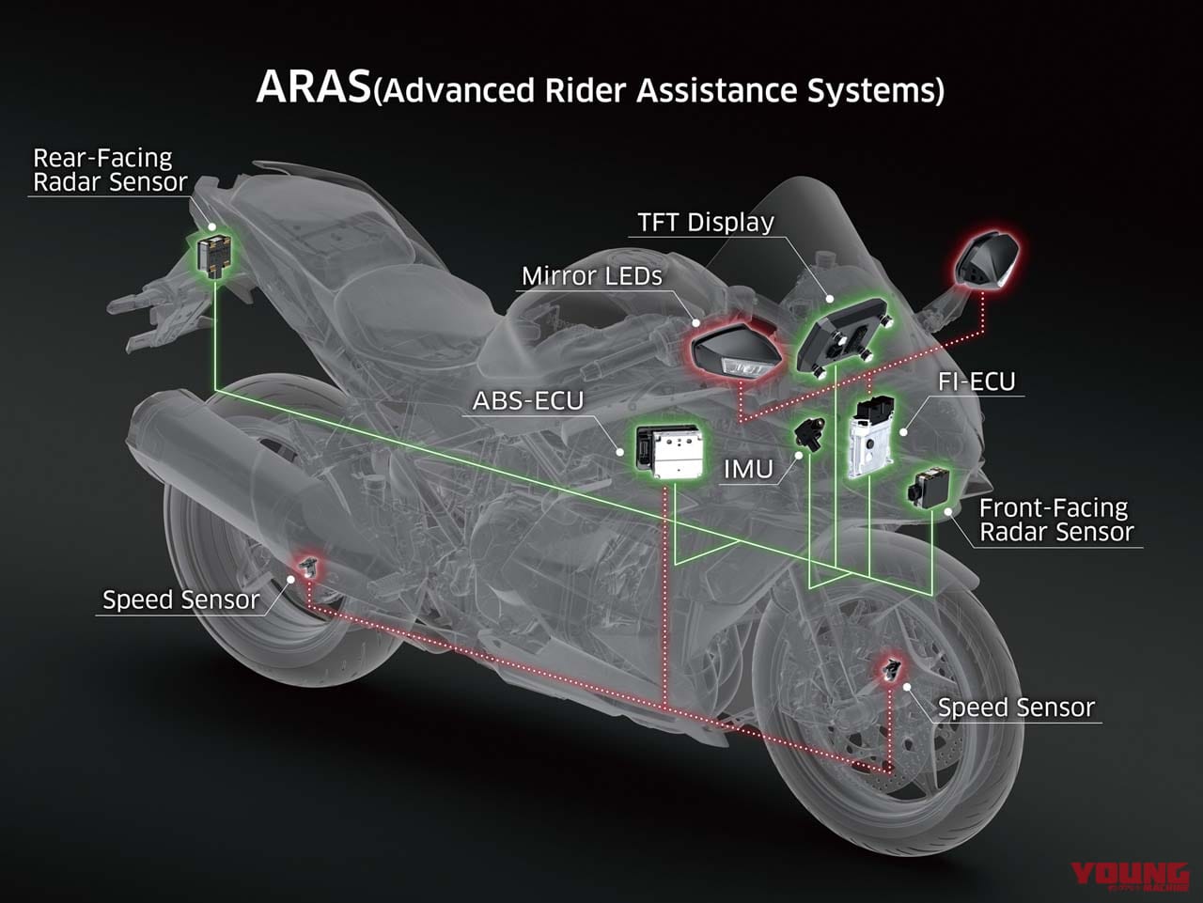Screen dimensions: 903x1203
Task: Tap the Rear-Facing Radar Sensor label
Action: [x=109, y=170]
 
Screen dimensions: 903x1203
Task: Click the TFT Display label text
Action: [x=706, y=223]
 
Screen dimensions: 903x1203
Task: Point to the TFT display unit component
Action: [x=842, y=333]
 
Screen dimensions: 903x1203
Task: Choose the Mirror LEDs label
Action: [x=591, y=276]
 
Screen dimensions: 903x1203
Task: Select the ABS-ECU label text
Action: [x=527, y=401]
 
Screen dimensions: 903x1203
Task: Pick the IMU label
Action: [x=748, y=469]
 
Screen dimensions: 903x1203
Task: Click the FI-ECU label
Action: [x=976, y=381]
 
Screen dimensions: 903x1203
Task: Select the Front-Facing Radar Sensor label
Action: [x=1055, y=521]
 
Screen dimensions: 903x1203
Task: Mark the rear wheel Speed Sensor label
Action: [x=180, y=599]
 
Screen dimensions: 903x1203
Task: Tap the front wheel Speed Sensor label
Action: [x=1016, y=708]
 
